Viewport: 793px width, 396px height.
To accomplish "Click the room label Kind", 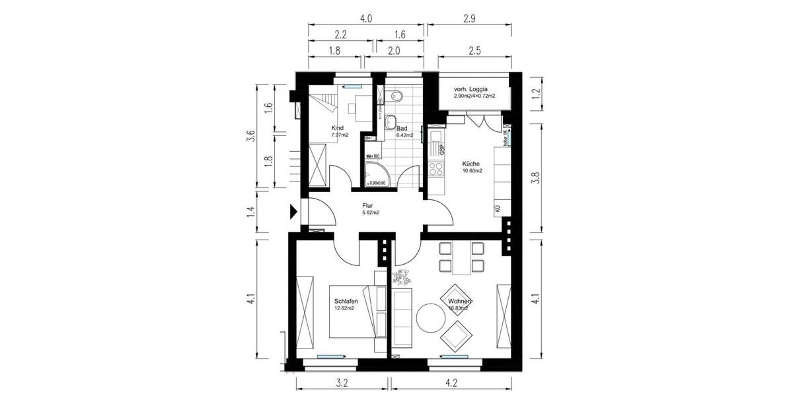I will (338, 128).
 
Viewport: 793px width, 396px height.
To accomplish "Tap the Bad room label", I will (401, 128).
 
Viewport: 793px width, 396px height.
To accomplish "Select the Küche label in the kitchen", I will (471, 163).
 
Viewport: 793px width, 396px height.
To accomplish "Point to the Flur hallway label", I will (368, 206).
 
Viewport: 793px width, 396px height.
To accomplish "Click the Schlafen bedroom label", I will (346, 300).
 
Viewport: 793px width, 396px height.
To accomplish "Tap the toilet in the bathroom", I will (397, 96).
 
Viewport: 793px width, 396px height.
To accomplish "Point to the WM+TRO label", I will (372, 156).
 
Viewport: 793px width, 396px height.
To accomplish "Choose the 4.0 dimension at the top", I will (366, 19).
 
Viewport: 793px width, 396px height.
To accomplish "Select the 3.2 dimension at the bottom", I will (342, 381).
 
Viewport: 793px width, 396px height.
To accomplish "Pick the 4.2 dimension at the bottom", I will (451, 381).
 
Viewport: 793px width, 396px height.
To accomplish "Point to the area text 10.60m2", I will (472, 171).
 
